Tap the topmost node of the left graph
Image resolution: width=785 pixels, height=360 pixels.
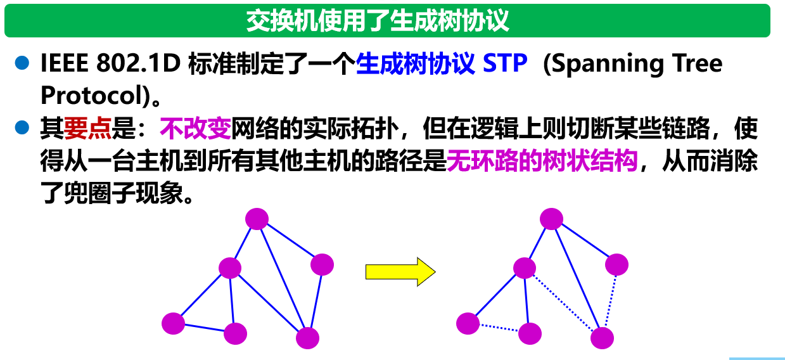(257, 219)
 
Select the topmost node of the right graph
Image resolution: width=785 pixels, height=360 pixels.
(551, 219)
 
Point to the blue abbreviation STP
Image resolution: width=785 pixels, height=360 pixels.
(505, 64)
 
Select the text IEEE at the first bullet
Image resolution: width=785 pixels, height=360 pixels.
(63, 64)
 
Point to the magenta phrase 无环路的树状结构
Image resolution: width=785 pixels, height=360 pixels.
(542, 162)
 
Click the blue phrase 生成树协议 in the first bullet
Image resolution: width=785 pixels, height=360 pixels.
(415, 64)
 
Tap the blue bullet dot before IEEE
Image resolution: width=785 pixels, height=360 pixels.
(23, 63)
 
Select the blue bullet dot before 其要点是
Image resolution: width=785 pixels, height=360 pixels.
(23, 128)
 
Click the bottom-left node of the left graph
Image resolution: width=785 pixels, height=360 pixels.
(173, 323)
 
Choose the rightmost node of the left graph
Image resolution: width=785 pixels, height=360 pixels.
(322, 264)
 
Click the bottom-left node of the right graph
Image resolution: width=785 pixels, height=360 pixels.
(468, 323)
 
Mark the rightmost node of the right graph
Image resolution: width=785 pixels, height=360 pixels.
(616, 264)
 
